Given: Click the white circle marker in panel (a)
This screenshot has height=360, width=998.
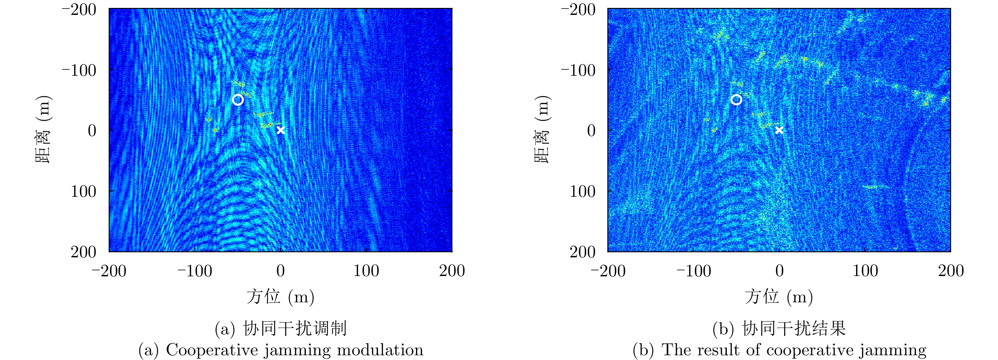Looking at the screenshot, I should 238,100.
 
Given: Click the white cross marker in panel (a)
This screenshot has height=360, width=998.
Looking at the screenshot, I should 280,130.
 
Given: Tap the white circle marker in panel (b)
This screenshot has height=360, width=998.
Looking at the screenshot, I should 736,100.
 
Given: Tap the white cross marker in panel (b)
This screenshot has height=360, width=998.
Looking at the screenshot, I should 779,130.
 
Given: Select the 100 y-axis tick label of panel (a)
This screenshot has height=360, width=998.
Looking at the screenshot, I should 83,191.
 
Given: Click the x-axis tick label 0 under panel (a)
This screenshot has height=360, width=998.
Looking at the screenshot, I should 280,271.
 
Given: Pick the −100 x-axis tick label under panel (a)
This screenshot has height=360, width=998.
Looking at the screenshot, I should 195,271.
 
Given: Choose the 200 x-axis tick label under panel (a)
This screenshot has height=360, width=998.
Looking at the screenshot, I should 452,271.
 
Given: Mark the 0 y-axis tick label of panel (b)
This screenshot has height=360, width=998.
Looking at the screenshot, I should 591,131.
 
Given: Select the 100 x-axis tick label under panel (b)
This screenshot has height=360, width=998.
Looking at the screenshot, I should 865,271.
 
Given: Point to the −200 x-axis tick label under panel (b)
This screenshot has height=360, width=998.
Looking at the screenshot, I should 608,271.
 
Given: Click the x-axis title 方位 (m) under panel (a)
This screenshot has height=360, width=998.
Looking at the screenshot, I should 280,297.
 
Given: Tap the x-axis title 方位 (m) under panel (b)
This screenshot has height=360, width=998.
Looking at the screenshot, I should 779,297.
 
